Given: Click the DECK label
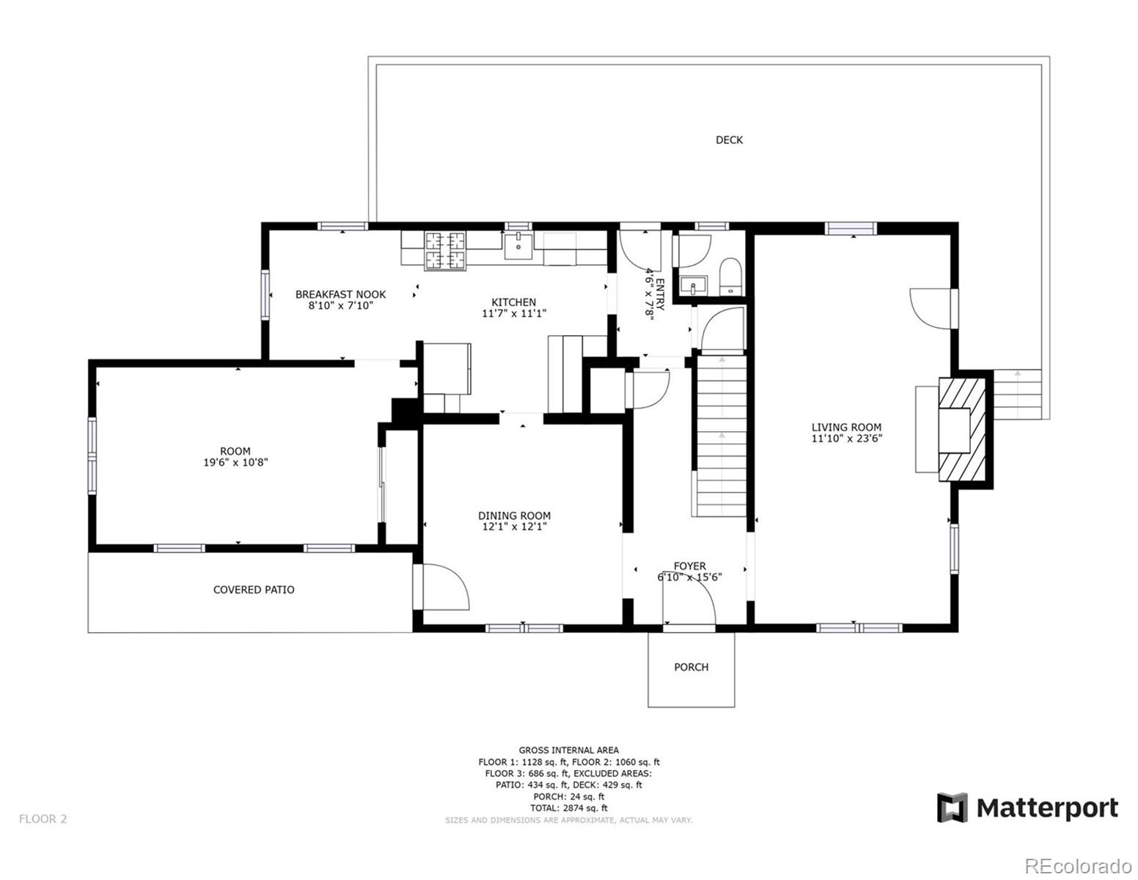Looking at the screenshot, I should [x=729, y=140].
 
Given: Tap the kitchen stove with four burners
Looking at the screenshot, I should [x=446, y=250].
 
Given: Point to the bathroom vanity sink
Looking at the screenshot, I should [x=691, y=285].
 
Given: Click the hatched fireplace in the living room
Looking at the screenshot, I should [x=965, y=430].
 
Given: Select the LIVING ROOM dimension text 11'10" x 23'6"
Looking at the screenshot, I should [x=846, y=439].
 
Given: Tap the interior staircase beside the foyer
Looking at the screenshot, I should [x=722, y=436].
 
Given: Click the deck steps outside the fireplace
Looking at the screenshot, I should [x=1017, y=394].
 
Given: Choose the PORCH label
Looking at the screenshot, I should [x=691, y=667].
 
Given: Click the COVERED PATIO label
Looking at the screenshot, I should [x=254, y=590].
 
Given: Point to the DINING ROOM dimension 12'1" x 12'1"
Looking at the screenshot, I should [x=514, y=527].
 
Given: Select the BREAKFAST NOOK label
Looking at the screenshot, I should [x=340, y=294].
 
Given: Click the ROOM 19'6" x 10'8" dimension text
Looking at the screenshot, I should [x=235, y=463].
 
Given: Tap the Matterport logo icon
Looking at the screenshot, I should [x=952, y=807].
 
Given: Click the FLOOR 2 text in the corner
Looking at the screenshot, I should [x=43, y=819].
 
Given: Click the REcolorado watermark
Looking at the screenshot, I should [x=1078, y=866].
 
